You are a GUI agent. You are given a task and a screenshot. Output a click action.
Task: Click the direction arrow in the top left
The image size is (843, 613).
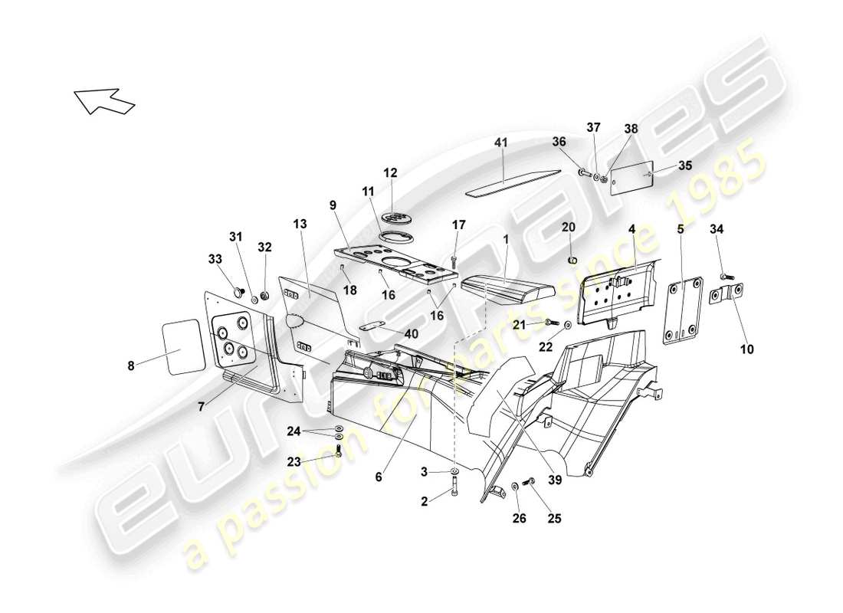104,100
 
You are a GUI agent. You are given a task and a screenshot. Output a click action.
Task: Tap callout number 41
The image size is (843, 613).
500,143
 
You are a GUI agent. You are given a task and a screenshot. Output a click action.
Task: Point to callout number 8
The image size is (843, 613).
131,366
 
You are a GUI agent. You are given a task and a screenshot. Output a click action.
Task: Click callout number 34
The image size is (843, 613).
717,229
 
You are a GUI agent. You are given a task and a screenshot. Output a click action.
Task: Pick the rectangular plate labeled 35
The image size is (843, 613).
631,178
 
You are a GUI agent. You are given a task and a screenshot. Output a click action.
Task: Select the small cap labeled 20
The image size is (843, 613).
571,259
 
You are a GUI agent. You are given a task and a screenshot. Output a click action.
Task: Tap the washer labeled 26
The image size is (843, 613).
513,486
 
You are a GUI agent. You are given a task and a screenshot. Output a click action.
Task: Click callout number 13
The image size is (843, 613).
299,224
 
